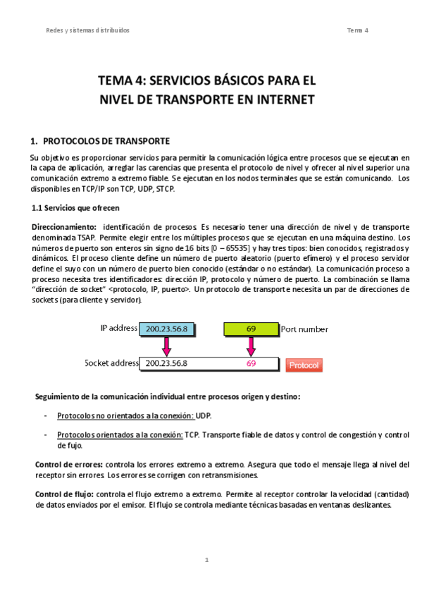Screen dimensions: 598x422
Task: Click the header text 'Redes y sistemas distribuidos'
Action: pyautogui.click(x=87, y=30)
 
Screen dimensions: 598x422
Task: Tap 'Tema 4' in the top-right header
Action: pyautogui.click(x=358, y=30)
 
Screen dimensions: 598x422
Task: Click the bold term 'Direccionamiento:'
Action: pyautogui.click(x=64, y=226)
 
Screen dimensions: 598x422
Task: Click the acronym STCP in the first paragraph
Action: pyautogui.click(x=165, y=189)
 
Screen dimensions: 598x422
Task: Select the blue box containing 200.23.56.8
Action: pyautogui.click(x=168, y=329)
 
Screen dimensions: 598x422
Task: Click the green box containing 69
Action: pyautogui.click(x=251, y=329)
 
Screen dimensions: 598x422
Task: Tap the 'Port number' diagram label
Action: pyautogui.click(x=304, y=329)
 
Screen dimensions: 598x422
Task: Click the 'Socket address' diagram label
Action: pyautogui.click(x=111, y=363)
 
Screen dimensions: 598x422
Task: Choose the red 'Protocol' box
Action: pyautogui.click(x=304, y=365)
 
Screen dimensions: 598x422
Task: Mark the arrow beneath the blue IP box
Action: pyautogui.click(x=167, y=346)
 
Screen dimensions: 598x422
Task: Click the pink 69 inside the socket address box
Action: pyautogui.click(x=251, y=364)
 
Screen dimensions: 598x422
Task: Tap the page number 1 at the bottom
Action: pyautogui.click(x=207, y=560)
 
